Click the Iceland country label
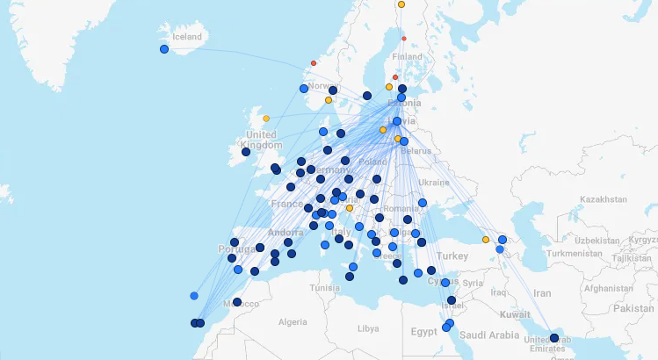coord(186,37)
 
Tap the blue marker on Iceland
coord(164,49)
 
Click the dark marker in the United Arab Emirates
coord(554,338)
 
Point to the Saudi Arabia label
coord(493,335)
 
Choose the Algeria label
coord(293,322)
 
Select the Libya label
coord(368,328)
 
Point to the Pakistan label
coord(633,308)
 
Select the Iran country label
coord(542,293)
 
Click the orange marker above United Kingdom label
coord(266,119)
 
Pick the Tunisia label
coord(325,288)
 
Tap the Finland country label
coord(408,57)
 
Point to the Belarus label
coord(416,151)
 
